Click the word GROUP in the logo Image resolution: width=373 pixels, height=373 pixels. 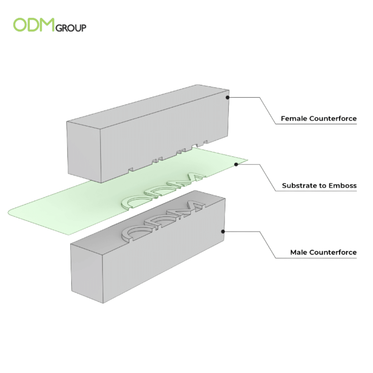coord(71,28)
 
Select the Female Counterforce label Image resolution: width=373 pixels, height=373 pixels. coord(318,119)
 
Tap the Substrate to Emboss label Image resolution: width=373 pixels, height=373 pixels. coord(319,185)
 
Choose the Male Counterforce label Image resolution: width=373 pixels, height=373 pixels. coord(323,252)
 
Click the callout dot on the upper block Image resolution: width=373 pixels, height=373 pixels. coord(227,97)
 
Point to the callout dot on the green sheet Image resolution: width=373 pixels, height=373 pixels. coord(236,164)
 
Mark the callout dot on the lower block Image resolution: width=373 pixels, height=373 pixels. coord(223,231)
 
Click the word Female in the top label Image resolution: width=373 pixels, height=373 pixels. coord(294,119)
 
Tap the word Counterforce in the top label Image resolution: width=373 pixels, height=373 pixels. coord(333,119)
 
